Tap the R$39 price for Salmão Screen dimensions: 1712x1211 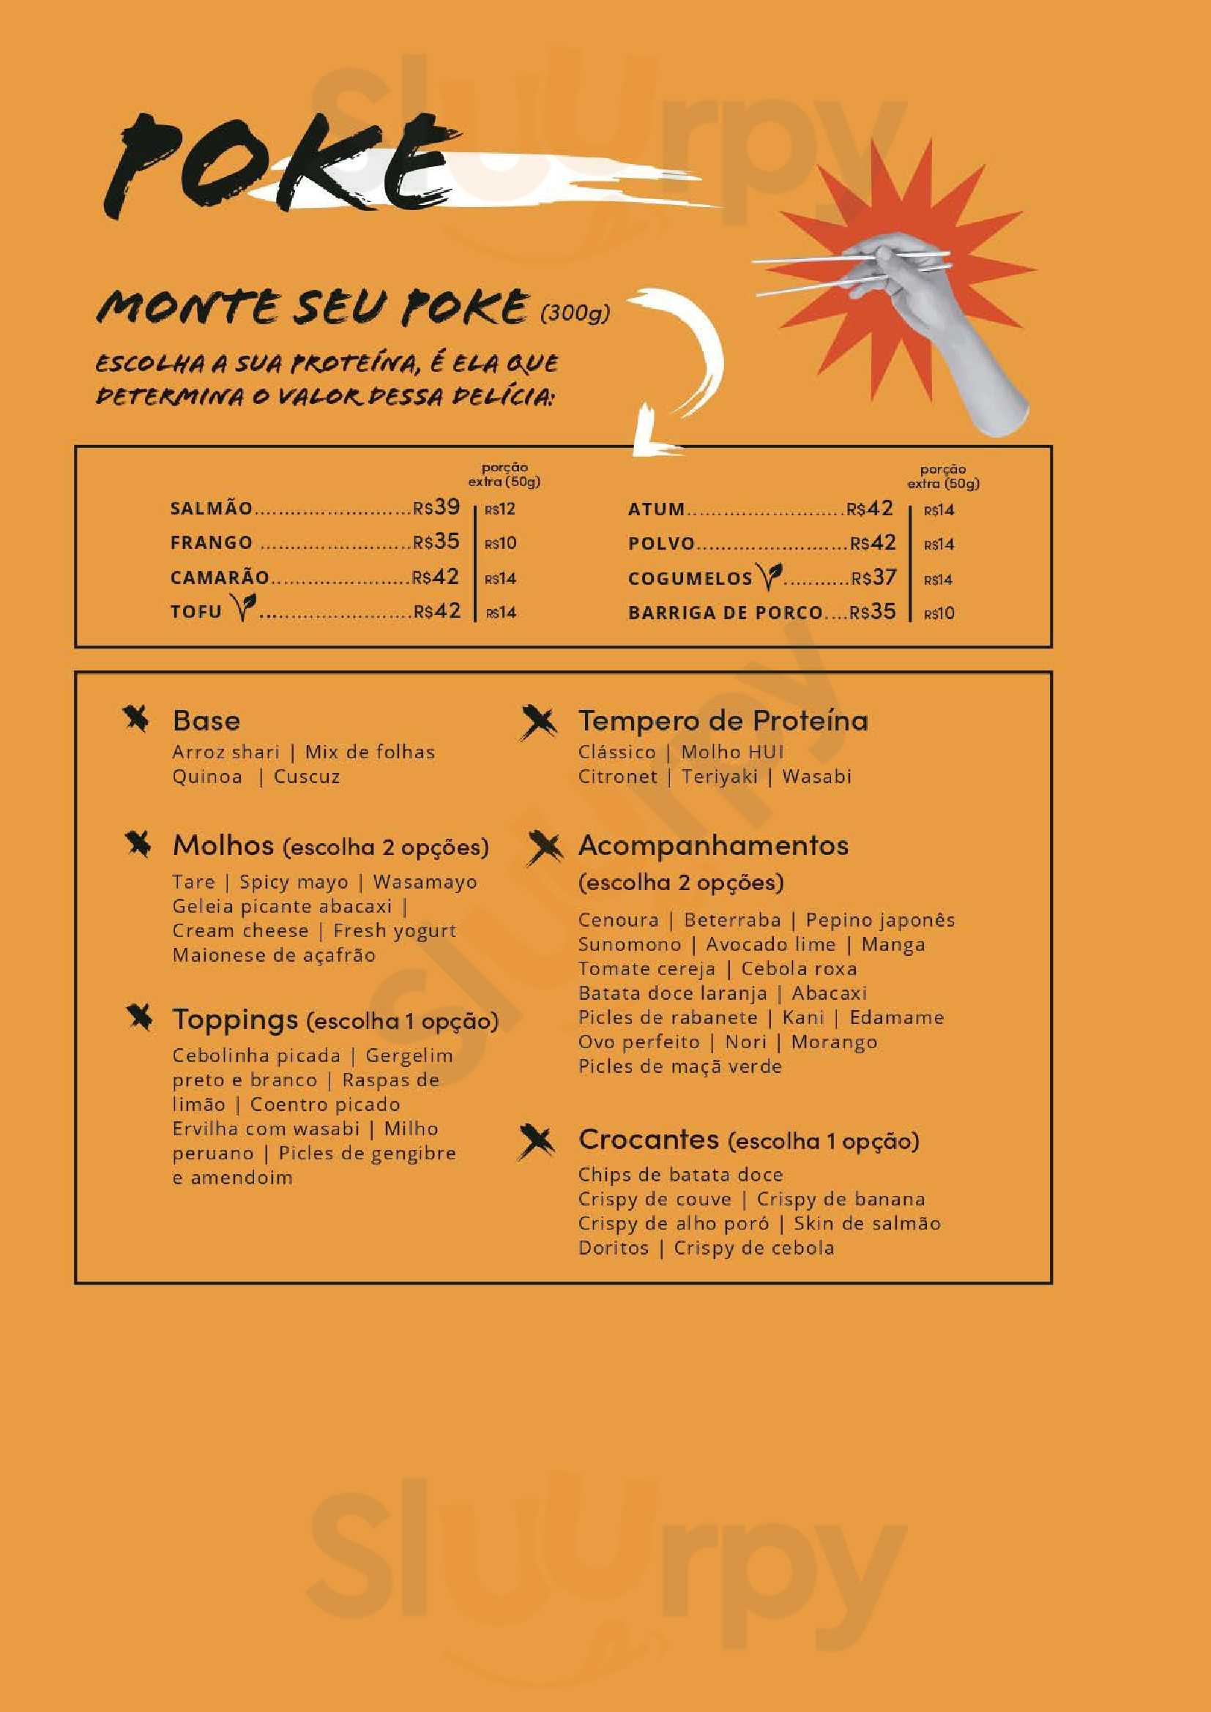click(x=437, y=508)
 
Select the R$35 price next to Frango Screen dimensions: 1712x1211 click(x=437, y=542)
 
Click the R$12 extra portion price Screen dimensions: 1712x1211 click(x=500, y=510)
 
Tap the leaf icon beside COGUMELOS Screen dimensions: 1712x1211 click(x=769, y=574)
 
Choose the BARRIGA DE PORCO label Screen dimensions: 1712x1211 click(x=725, y=613)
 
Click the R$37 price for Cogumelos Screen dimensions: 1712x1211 click(x=873, y=577)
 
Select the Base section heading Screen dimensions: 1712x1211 click(x=206, y=720)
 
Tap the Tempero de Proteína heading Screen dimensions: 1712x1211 click(x=723, y=720)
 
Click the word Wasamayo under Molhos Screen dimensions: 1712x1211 click(x=425, y=882)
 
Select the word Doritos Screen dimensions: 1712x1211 click(x=614, y=1248)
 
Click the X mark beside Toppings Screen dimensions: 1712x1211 click(x=139, y=1018)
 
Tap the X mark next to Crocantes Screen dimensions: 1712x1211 click(x=537, y=1142)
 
